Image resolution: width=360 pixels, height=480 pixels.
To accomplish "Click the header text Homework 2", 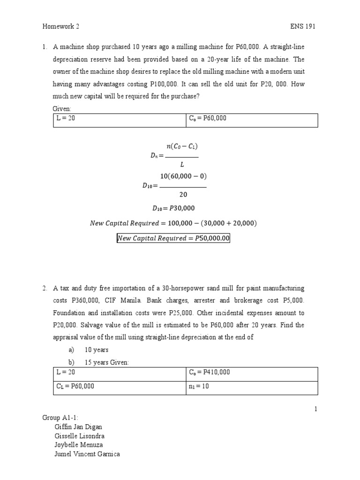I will click(61, 27).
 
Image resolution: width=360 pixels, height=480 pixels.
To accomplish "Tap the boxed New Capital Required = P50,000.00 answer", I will click(173, 239).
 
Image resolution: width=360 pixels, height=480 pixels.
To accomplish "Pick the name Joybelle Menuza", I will click(79, 445).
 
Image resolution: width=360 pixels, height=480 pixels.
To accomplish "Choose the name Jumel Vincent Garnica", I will click(88, 454).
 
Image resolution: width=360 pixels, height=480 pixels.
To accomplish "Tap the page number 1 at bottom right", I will click(316, 409).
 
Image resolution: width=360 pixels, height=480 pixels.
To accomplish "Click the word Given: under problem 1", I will click(62, 108).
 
